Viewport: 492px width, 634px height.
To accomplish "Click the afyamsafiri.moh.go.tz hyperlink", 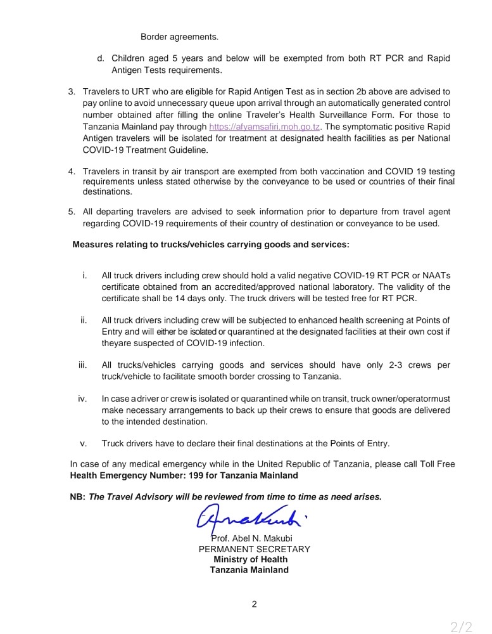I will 265,127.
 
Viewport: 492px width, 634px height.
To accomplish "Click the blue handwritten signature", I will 250,518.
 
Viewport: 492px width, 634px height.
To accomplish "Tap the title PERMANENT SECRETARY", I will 254,549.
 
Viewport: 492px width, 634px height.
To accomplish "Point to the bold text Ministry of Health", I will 250,559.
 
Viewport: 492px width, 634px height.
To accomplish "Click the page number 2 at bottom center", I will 254,604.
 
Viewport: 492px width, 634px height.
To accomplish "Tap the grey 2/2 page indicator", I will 461,627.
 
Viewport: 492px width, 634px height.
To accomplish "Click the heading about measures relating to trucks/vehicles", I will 211,244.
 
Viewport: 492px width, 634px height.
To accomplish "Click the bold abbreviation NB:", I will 77,497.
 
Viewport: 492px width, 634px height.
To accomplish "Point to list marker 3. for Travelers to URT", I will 72,92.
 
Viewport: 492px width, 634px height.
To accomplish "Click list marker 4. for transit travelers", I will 72,172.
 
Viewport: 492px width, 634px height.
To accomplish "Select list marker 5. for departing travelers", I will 72,212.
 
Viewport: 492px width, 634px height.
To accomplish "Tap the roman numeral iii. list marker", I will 82,365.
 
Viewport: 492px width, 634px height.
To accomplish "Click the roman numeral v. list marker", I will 83,443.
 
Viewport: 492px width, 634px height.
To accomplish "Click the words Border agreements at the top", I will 179,37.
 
